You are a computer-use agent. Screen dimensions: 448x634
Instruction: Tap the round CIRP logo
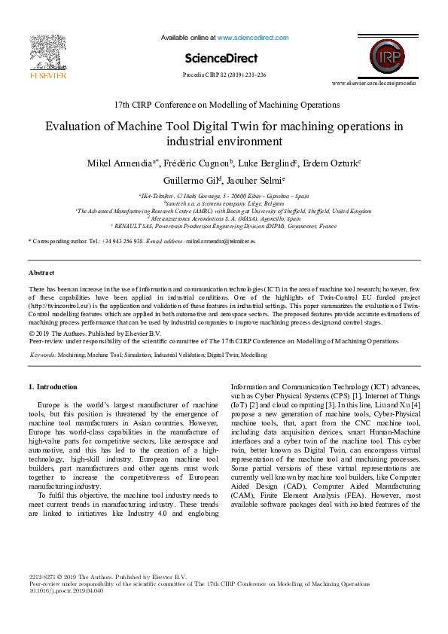(386, 55)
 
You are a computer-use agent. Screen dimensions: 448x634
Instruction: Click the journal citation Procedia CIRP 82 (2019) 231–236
(224, 75)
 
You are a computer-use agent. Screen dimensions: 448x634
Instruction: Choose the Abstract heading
(41, 272)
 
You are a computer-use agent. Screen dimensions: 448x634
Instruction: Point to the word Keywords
(43, 354)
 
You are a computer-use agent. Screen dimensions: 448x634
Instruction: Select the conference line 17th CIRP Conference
(224, 105)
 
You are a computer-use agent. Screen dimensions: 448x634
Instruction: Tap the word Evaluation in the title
(74, 126)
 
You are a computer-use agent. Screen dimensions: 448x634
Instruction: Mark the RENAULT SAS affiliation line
(224, 225)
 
